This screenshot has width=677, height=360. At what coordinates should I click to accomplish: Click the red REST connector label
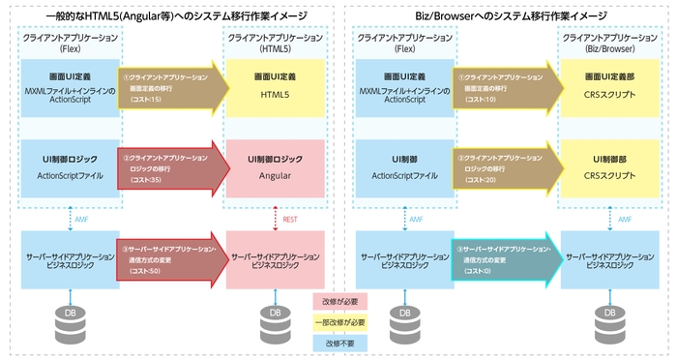click(290, 220)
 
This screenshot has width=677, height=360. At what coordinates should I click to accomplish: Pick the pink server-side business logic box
click(275, 256)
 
